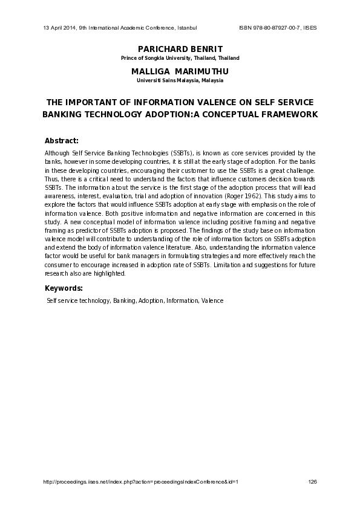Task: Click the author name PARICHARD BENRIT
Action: [x=180, y=48]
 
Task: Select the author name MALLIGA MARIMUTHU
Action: [x=180, y=71]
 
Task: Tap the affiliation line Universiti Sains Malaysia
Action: [x=180, y=80]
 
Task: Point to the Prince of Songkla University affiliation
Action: [x=180, y=58]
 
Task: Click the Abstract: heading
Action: [x=62, y=140]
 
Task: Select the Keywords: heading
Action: [x=64, y=288]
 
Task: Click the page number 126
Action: [x=312, y=481]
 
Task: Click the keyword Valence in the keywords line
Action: [x=212, y=300]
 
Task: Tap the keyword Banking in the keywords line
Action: [x=124, y=300]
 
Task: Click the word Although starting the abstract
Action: [x=57, y=154]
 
